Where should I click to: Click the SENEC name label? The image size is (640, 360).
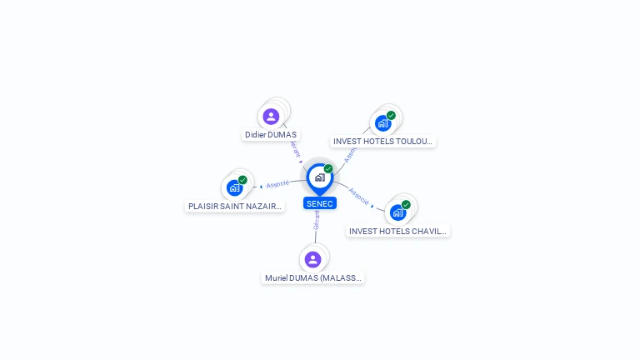pyautogui.click(x=319, y=203)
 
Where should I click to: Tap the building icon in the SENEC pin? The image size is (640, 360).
pyautogui.click(x=319, y=177)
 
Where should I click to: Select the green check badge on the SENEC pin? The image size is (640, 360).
pyautogui.click(x=328, y=168)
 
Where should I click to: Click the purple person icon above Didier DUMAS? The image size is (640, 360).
pyautogui.click(x=271, y=117)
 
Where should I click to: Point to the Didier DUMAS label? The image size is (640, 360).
pyautogui.click(x=271, y=134)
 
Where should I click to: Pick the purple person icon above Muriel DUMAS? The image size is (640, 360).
pyautogui.click(x=312, y=259)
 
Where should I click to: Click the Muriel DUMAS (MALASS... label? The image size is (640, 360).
pyautogui.click(x=313, y=277)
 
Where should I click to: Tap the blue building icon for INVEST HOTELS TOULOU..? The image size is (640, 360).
pyautogui.click(x=382, y=123)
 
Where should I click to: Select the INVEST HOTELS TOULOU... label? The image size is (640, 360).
pyautogui.click(x=383, y=142)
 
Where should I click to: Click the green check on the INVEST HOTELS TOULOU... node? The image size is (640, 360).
pyautogui.click(x=391, y=115)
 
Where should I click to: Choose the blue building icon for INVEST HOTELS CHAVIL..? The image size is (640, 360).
pyautogui.click(x=397, y=212)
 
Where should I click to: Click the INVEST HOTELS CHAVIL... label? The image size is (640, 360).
pyautogui.click(x=398, y=231)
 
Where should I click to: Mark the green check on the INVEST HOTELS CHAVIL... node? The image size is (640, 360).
pyautogui.click(x=406, y=204)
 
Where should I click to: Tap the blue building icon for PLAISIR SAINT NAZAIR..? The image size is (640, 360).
pyautogui.click(x=234, y=187)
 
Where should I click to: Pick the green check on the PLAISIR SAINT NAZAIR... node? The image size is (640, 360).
pyautogui.click(x=242, y=179)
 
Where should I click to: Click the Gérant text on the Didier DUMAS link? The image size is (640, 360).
pyautogui.click(x=294, y=148)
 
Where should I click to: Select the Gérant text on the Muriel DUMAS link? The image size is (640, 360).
pyautogui.click(x=316, y=219)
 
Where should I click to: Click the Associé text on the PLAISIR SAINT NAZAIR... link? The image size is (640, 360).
pyautogui.click(x=277, y=183)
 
